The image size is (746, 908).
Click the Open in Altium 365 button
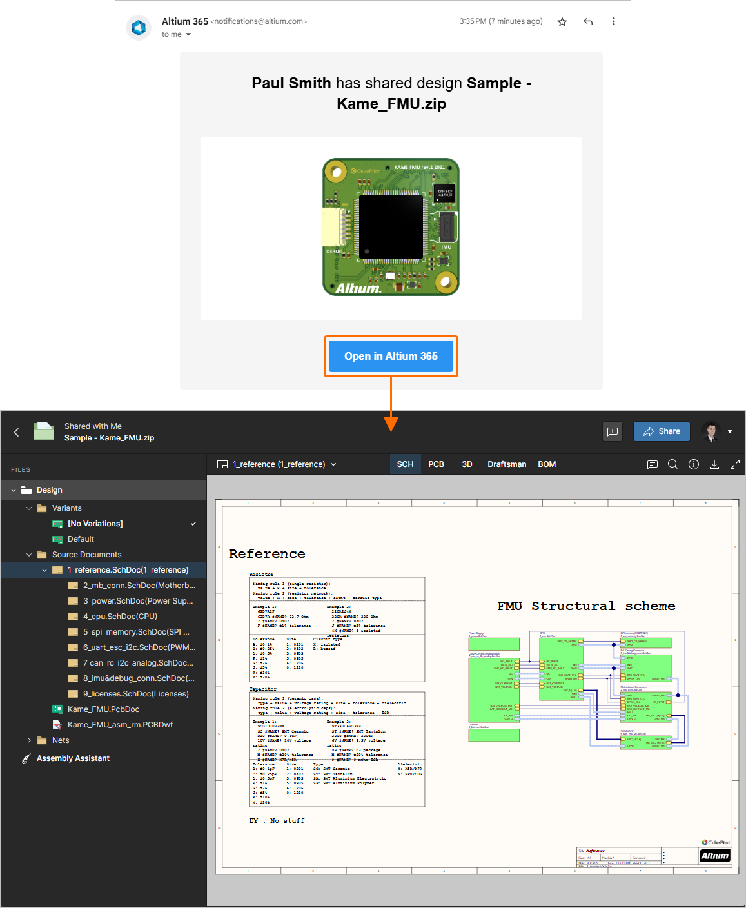point(391,356)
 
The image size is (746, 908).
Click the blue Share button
point(662,431)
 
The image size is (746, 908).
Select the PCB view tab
point(436,464)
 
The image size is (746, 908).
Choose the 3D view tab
point(467,464)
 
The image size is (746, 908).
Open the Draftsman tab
point(507,464)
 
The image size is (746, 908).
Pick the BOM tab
point(547,464)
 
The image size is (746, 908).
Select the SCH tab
point(405,464)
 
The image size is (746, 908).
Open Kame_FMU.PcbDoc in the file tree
point(103,709)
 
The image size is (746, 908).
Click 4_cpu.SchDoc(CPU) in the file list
point(120,617)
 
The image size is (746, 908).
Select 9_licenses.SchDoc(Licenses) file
point(135,694)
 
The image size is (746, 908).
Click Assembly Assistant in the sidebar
point(73,758)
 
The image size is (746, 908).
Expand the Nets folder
point(29,740)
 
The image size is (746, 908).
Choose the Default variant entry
point(81,539)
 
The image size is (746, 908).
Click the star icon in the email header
point(562,22)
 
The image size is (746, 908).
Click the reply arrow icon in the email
point(588,22)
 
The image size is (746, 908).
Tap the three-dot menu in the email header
point(613,22)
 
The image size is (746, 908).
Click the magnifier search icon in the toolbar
point(672,464)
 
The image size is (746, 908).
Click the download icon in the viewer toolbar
point(714,464)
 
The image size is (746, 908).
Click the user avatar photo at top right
point(711,431)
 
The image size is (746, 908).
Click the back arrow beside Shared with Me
point(17,432)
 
